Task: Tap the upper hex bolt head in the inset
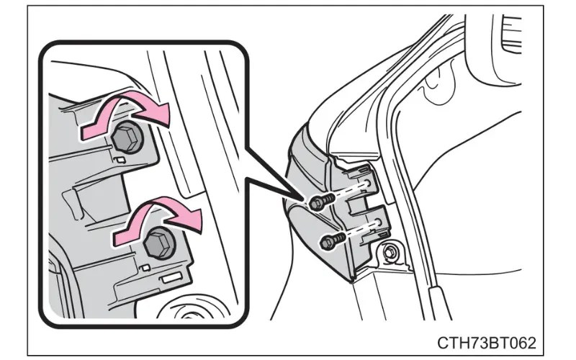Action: [x=125, y=138]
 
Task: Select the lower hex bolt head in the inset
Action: [x=158, y=243]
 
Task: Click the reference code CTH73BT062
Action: [x=487, y=343]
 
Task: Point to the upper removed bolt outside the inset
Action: [x=321, y=202]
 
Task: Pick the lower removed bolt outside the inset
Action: [x=332, y=240]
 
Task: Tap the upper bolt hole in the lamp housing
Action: [x=367, y=183]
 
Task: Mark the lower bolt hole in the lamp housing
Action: [x=378, y=222]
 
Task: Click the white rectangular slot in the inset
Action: [x=171, y=278]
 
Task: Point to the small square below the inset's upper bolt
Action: [x=120, y=159]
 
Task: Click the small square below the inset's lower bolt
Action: [x=145, y=267]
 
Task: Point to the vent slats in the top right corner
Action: [x=510, y=35]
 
